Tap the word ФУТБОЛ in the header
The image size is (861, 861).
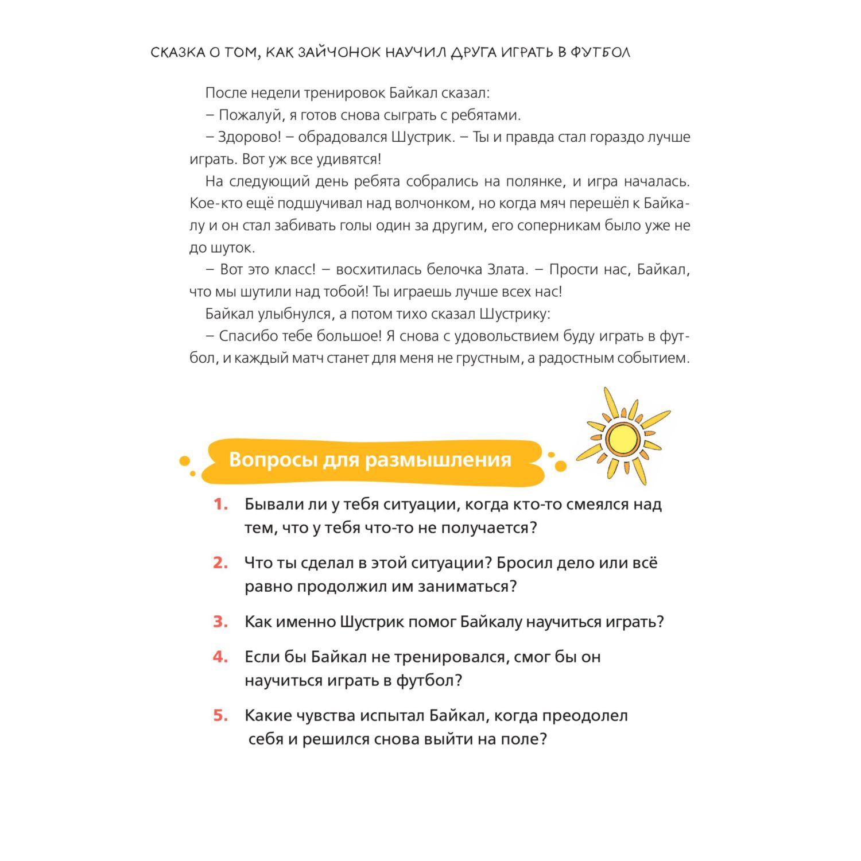click(600, 52)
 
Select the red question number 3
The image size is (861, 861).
click(220, 622)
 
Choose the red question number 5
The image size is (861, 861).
click(220, 715)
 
